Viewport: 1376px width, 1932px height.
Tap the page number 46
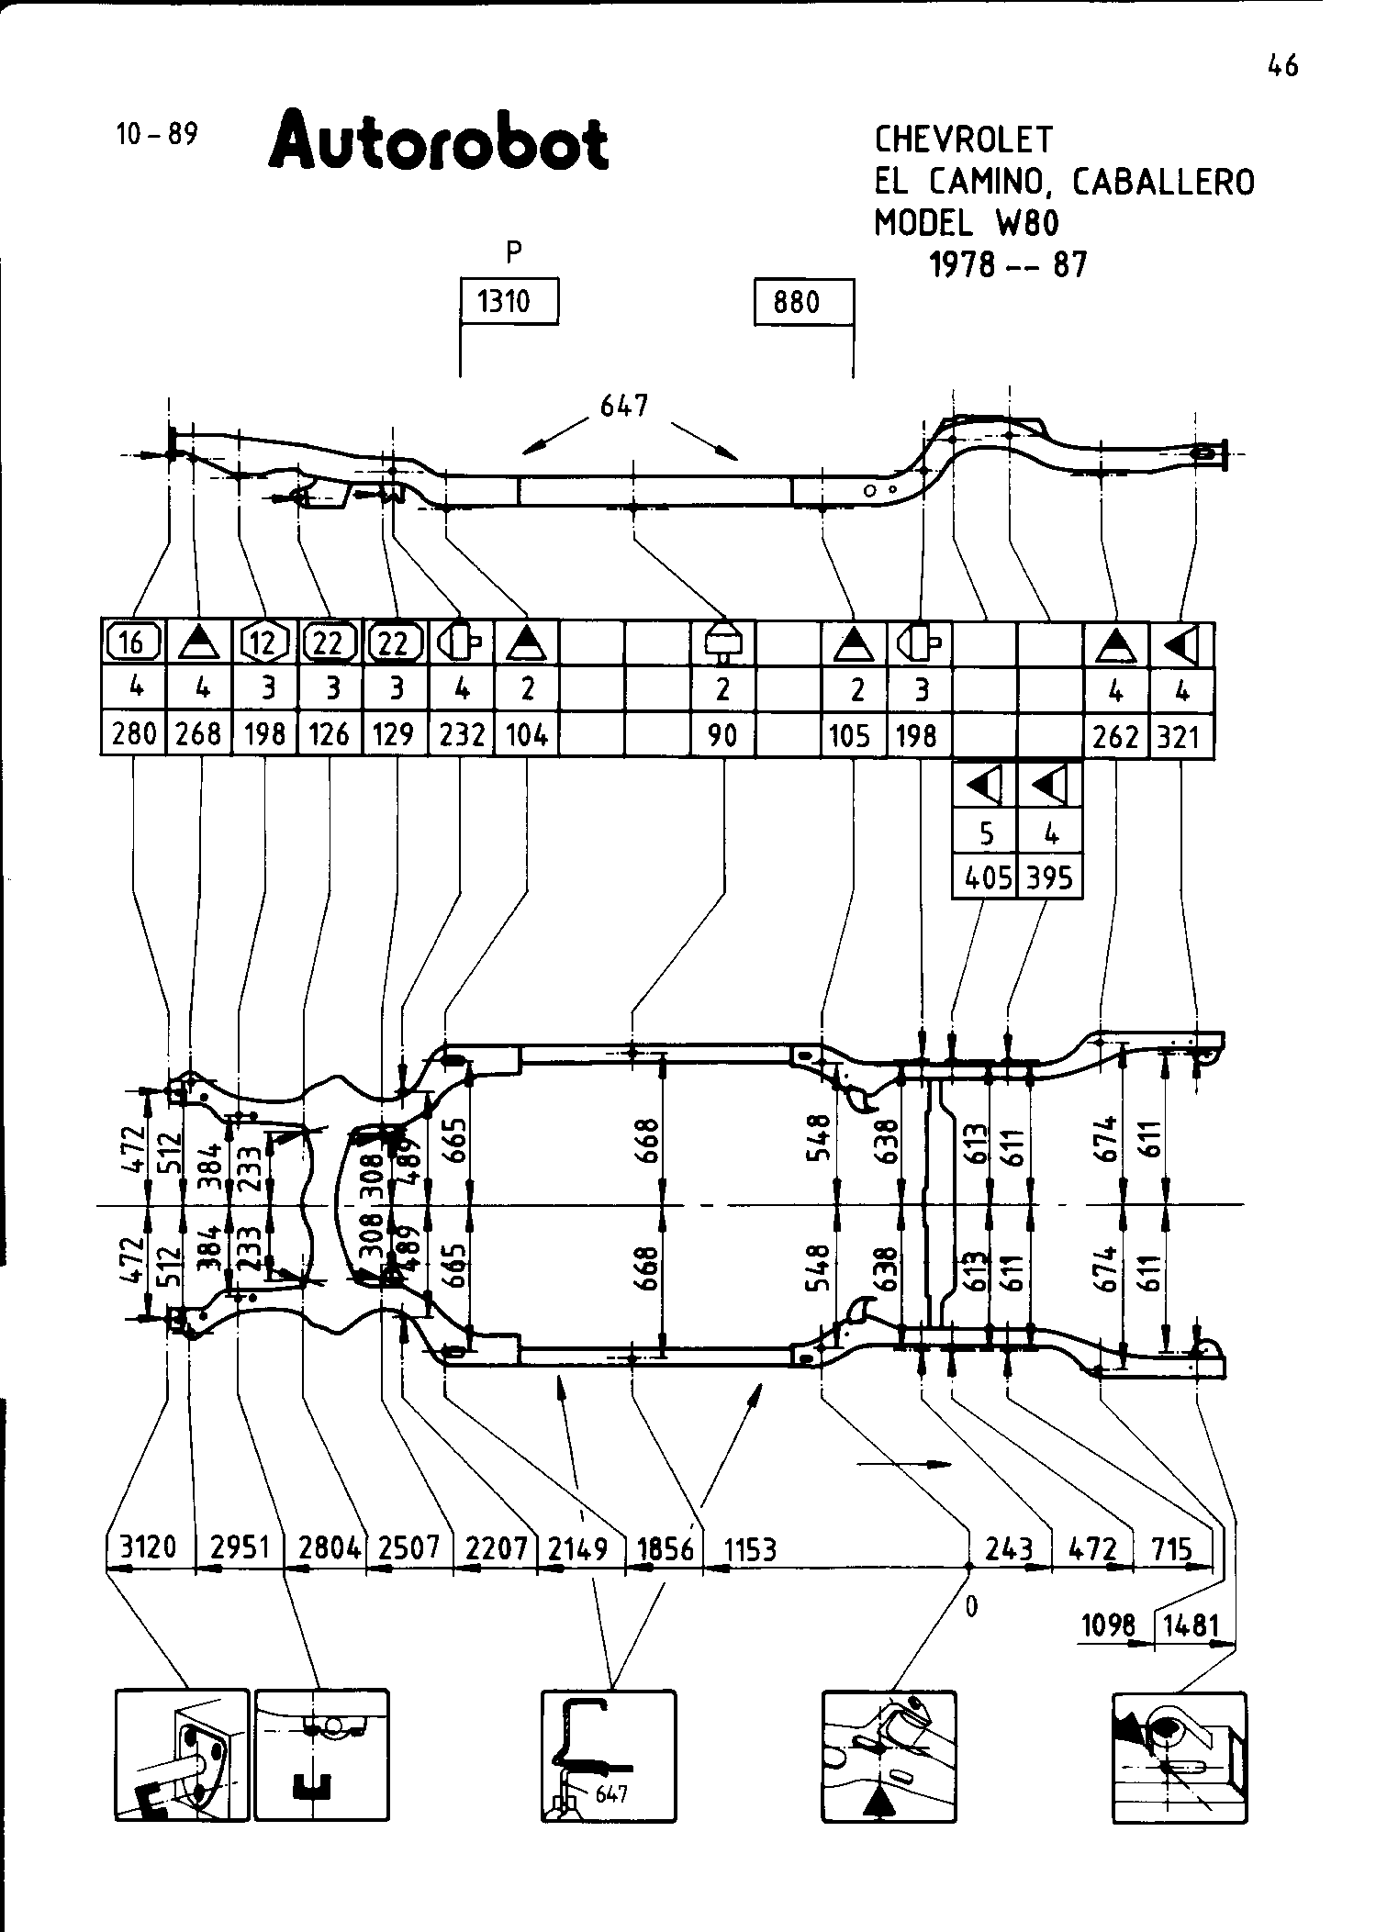pos(1282,66)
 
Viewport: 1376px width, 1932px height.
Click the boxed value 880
pos(796,302)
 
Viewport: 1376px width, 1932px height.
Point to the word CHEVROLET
pos(963,140)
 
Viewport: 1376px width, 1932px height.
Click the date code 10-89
pos(157,134)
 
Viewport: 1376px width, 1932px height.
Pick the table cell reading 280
pos(134,734)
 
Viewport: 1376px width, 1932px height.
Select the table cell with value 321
pos(1180,736)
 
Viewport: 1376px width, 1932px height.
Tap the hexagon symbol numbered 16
pos(133,642)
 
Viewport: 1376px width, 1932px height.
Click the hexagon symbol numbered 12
pos(264,642)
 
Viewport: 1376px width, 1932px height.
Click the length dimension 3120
pos(148,1547)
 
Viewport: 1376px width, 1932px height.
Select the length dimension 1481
pos(1191,1626)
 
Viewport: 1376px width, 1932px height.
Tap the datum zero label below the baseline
pos(972,1606)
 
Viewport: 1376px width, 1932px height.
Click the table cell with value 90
pos(723,735)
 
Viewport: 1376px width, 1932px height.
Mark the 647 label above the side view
pos(624,405)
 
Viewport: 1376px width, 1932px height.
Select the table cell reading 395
pos(1050,878)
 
